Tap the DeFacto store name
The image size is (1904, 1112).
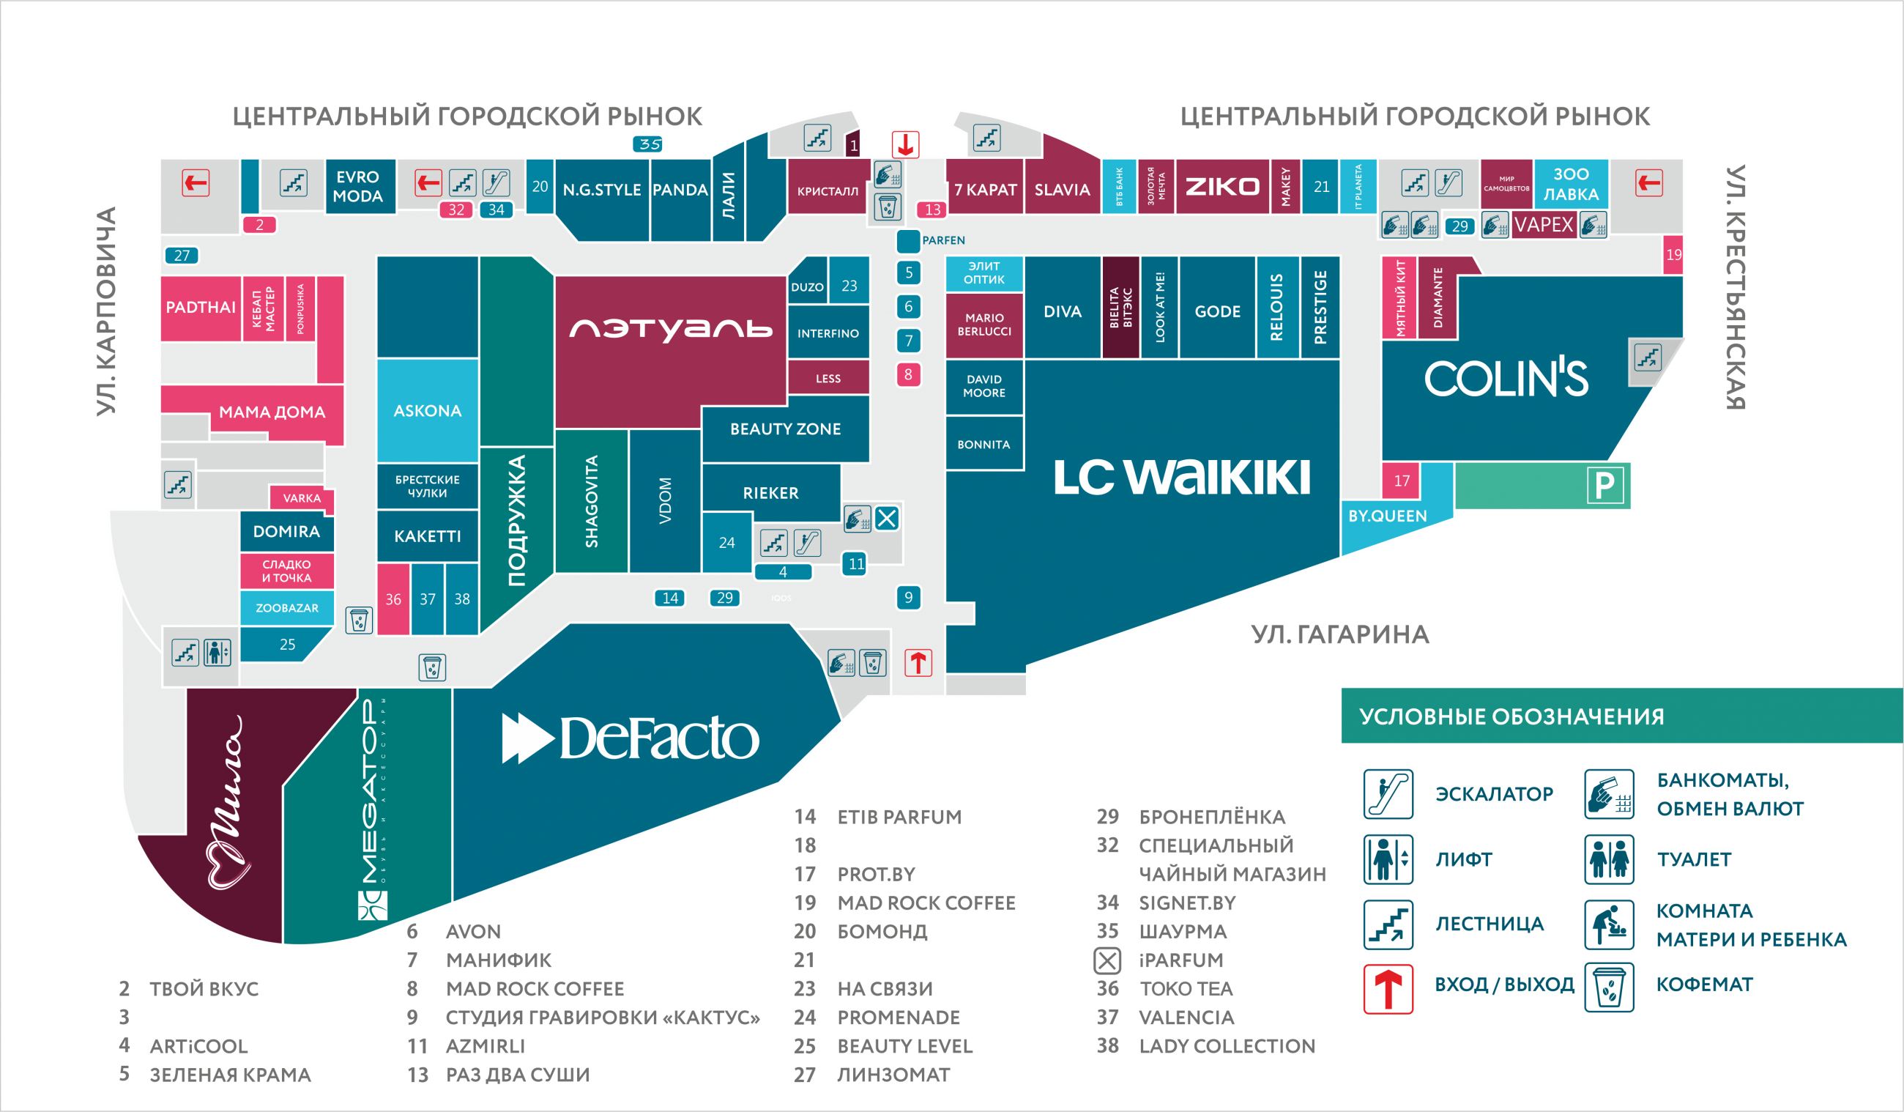coord(631,738)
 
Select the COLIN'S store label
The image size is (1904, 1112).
coord(1506,378)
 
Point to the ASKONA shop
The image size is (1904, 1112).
coord(427,410)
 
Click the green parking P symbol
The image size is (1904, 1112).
coord(1604,486)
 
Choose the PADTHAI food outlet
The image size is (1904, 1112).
coord(200,307)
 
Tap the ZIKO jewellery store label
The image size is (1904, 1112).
coord(1221,187)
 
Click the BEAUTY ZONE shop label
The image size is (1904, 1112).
coord(785,429)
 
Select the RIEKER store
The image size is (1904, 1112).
coord(770,493)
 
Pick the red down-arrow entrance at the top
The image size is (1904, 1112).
coord(904,144)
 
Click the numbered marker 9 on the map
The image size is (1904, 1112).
coord(908,597)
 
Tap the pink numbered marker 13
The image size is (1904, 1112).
coord(932,210)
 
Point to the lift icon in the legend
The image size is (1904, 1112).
coord(1387,859)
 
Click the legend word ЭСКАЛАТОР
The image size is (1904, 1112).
coord(1494,794)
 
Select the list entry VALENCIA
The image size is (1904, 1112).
coord(1186,1018)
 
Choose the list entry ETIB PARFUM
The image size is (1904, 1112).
coord(899,817)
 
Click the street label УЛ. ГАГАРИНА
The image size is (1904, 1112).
coord(1339,634)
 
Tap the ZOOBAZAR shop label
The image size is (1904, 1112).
coord(286,608)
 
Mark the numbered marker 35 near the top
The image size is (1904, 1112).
coord(648,144)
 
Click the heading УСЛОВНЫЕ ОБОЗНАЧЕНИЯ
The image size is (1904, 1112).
coord(1511,716)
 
